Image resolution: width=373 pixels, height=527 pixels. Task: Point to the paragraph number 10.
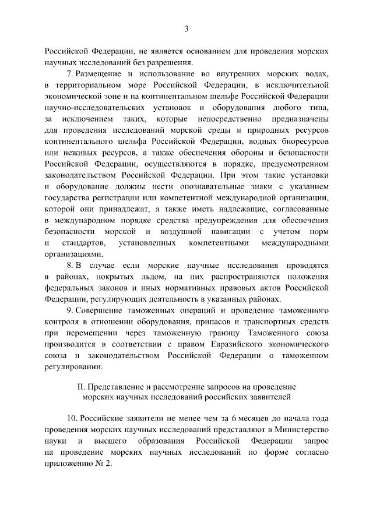(72, 419)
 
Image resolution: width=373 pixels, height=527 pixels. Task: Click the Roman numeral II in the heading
(81, 387)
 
